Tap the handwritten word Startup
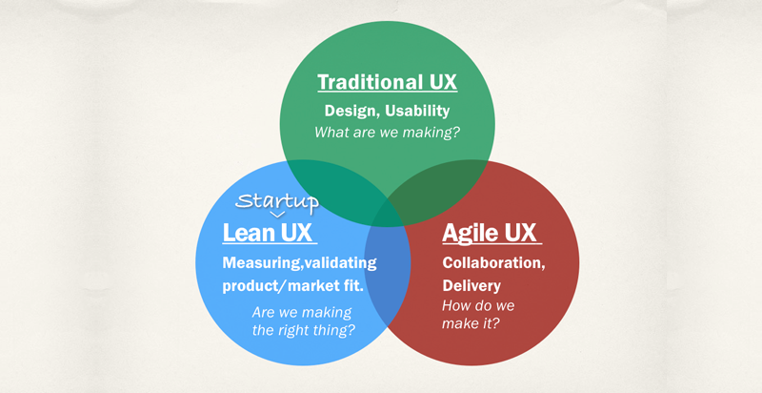[x=276, y=201]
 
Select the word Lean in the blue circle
[x=249, y=232]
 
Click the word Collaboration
[x=492, y=262]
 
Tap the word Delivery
[x=471, y=285]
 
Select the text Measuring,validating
[x=299, y=262]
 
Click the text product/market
[x=284, y=286]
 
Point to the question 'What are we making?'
[x=387, y=132]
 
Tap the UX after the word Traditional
[x=438, y=82]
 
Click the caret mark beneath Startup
[x=277, y=215]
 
